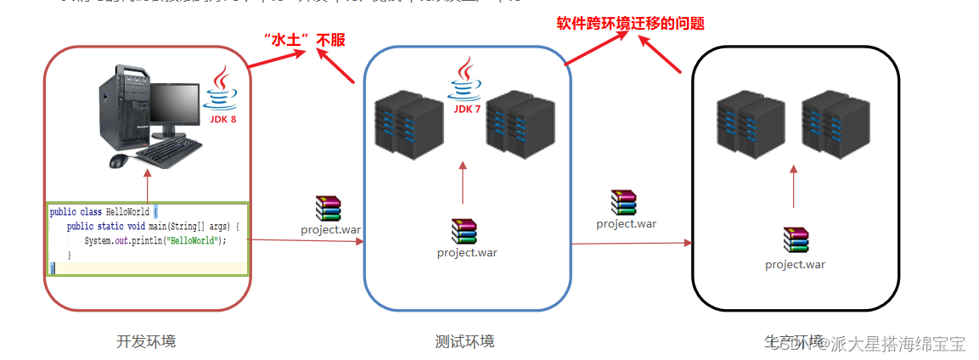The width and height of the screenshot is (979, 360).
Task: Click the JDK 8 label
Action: (222, 120)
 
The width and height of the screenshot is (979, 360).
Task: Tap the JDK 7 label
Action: (466, 109)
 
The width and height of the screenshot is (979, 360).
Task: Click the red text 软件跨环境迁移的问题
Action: (630, 24)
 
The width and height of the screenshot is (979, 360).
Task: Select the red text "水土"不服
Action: (305, 39)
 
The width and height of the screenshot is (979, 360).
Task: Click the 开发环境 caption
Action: (146, 341)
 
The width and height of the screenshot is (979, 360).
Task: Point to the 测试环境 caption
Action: (464, 341)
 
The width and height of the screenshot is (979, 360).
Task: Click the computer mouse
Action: (119, 160)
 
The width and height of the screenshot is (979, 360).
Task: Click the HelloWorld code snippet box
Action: (146, 239)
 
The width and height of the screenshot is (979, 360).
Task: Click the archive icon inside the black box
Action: (796, 241)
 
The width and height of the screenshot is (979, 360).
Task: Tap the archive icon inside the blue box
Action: (464, 231)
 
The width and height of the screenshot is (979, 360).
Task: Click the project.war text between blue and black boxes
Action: (626, 224)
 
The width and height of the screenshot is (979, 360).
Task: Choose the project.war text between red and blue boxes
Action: (330, 229)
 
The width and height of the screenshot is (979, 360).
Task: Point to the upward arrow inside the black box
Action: (794, 187)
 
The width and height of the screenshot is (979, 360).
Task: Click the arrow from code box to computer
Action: (148, 185)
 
